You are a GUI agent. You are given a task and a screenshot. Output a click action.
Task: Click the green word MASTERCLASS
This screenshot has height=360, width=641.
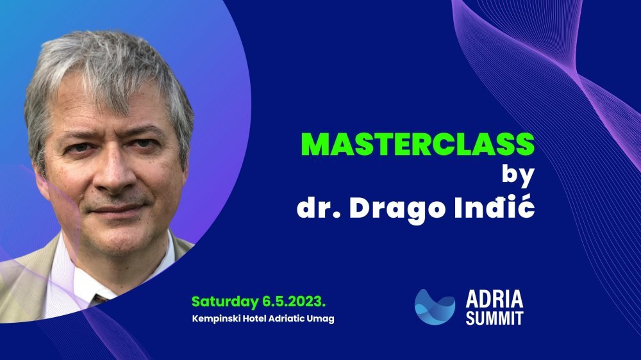[x=418, y=144]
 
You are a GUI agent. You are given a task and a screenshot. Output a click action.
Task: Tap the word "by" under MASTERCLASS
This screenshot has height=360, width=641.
[x=519, y=176]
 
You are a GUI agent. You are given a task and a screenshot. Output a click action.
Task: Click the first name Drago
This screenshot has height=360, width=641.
[x=397, y=209]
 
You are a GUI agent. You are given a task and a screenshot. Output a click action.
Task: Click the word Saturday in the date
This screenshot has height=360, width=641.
[x=224, y=302]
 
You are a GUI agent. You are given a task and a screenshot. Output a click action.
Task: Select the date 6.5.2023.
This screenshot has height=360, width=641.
[x=294, y=302]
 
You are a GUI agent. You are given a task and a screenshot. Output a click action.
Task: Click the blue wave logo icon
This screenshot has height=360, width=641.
[x=435, y=307]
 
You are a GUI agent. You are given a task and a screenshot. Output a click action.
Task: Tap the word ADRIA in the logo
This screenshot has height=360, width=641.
[x=494, y=299]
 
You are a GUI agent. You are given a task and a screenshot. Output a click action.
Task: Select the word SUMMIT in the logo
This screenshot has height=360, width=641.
[x=494, y=318]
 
